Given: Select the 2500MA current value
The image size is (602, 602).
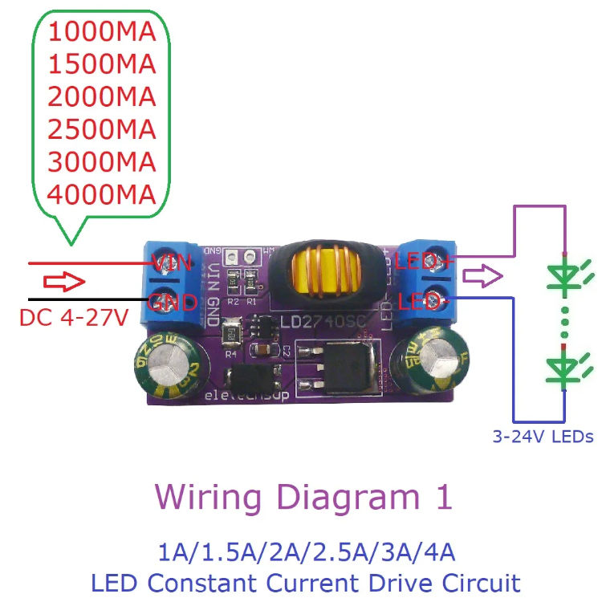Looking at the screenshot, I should pos(101,128).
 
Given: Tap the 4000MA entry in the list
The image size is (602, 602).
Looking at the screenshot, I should pos(101,193).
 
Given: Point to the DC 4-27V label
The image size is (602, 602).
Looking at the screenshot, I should pos(74,318).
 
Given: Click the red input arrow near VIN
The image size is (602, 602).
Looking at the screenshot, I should pos(63,282).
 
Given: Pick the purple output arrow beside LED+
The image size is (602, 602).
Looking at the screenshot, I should pos(482,279).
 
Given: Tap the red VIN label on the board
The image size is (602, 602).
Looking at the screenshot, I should pos(173,262).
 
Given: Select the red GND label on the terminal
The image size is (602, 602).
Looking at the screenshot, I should pos(173,303).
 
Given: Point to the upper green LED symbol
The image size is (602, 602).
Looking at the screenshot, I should pos(563,275).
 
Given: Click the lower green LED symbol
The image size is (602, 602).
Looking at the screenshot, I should pos(563,368).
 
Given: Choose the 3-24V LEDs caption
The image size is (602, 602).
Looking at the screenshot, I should pos(543,437).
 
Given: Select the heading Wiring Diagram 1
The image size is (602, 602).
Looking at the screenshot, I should pos(303,498).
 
